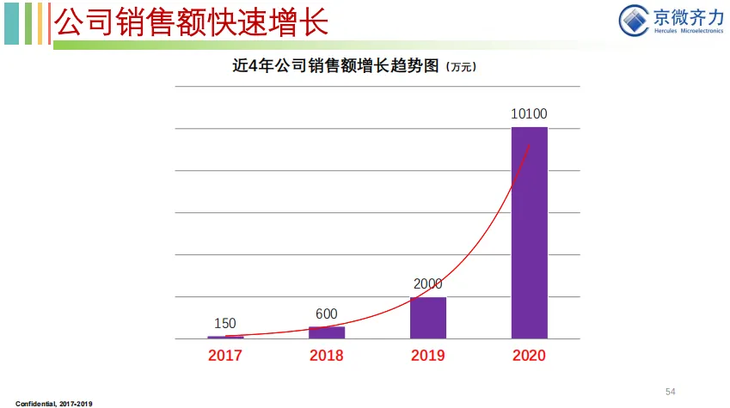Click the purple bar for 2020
coord(530,233)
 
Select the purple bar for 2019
coord(428,318)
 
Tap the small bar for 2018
coord(327,332)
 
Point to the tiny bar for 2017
coord(225,338)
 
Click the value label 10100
coord(529,113)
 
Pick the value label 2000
coord(428,283)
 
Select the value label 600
coord(327,314)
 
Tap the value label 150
coord(225,323)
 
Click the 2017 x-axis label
coord(225,356)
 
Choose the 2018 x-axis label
coord(327,356)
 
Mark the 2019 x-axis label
coord(428,356)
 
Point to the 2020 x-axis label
coord(529,356)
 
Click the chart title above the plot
coord(335,65)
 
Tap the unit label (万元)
coord(461,67)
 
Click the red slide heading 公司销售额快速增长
coord(192,21)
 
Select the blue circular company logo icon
coord(634,20)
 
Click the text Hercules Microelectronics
coord(689,31)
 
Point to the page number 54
coord(671,392)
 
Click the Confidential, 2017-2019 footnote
coord(54,404)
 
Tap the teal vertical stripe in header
coord(12,23)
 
